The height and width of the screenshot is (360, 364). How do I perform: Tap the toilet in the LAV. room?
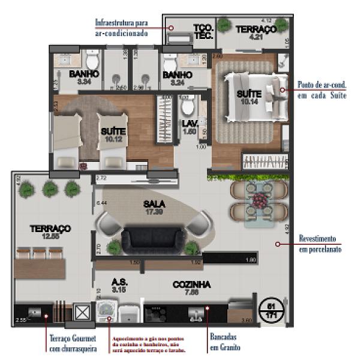pos(188,107)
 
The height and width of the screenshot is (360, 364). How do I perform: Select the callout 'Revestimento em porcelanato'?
pos(320,244)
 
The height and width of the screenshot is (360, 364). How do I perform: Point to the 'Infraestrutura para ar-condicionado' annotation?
pos(121,28)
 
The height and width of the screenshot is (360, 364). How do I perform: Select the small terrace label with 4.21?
pos(255,33)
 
